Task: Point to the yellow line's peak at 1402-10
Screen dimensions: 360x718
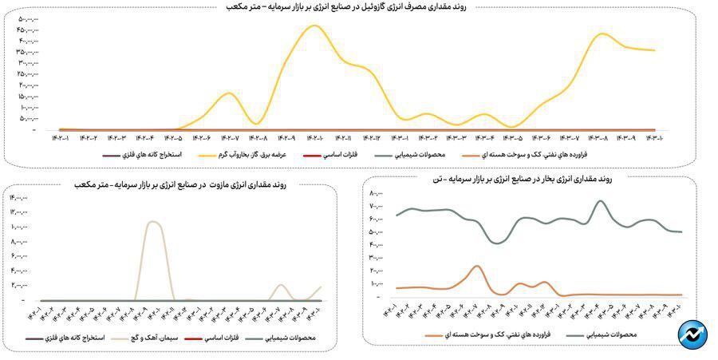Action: click(316, 26)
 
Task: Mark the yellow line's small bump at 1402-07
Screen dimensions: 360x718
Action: click(230, 93)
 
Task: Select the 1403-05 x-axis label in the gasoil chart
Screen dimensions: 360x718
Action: click(512, 137)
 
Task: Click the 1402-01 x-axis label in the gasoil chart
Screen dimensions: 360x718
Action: click(62, 137)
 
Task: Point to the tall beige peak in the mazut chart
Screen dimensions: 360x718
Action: click(154, 222)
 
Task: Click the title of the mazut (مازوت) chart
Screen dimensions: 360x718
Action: click(185, 184)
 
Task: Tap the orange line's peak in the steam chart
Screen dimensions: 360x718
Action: click(476, 267)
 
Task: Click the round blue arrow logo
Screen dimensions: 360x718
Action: click(692, 334)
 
